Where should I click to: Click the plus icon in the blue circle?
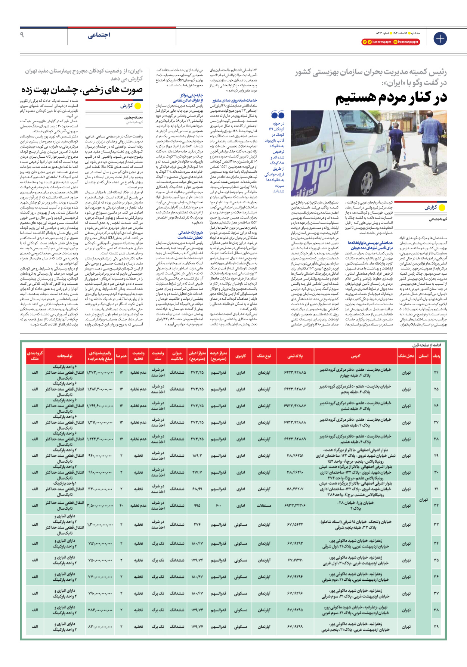click(440, 38)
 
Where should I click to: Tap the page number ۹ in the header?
click(22, 35)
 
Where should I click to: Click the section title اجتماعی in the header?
click(99, 35)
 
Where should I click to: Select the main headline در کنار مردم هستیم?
click(391, 98)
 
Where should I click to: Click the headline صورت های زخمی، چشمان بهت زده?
click(82, 90)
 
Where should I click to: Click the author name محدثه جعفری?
click(133, 117)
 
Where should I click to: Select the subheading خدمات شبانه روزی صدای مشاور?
click(235, 101)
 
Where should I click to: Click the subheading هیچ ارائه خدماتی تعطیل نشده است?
click(190, 235)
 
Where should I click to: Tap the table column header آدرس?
click(356, 356)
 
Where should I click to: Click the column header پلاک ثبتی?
click(295, 356)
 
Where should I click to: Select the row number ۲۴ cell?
click(436, 372)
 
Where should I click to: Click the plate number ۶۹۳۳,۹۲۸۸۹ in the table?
click(295, 439)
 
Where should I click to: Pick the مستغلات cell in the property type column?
click(264, 506)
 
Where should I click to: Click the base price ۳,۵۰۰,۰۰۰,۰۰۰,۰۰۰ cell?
click(100, 506)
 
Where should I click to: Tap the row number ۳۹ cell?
click(436, 627)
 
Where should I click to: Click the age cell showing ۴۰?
click(121, 506)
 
